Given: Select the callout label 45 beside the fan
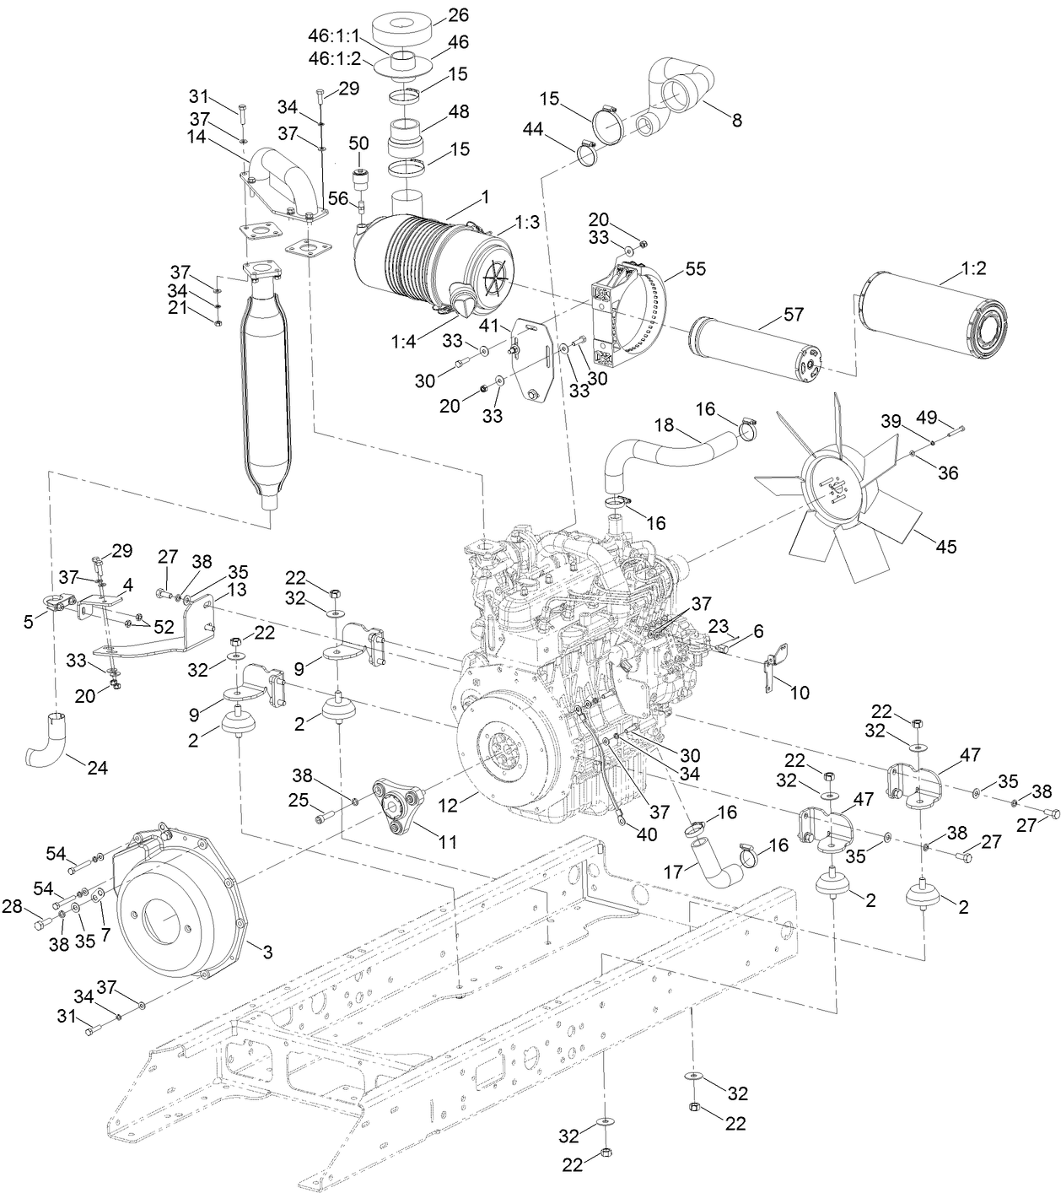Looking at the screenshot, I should pos(946,547).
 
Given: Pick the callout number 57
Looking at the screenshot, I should pos(794,315).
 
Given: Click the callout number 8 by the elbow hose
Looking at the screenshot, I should pos(736,120).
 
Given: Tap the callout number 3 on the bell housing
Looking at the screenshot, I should pos(267,953).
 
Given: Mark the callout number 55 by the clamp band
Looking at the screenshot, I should pos(696,269).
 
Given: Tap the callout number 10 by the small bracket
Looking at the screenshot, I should pos(799,692).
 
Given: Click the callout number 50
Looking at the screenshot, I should pos(358,142).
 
